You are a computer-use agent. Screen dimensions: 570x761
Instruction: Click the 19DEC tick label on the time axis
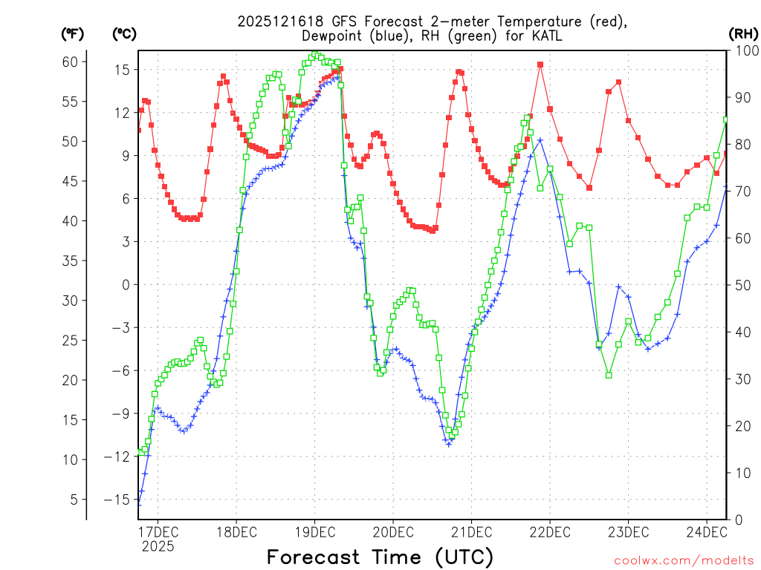(314, 531)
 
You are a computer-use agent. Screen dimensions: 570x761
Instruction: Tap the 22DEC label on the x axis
(549, 531)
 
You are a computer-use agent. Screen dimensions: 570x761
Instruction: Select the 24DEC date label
(705, 531)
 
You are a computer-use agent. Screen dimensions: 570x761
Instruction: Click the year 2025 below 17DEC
(158, 546)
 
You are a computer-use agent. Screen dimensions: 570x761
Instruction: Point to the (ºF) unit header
(73, 33)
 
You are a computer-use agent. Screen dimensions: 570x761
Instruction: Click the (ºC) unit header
(124, 33)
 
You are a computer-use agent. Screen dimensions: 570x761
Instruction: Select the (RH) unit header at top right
(742, 33)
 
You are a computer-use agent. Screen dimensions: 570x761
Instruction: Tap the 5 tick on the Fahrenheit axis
(73, 499)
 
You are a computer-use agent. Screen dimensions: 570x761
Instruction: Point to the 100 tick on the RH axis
(745, 50)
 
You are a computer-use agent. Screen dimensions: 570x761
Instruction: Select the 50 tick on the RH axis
(742, 285)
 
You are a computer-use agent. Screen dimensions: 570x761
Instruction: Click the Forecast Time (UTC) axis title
(380, 557)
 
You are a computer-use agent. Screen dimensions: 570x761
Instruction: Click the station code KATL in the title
(545, 36)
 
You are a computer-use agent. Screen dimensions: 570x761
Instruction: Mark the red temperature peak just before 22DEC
(540, 65)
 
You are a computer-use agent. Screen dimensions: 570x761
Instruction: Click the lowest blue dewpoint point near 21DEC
(449, 444)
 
